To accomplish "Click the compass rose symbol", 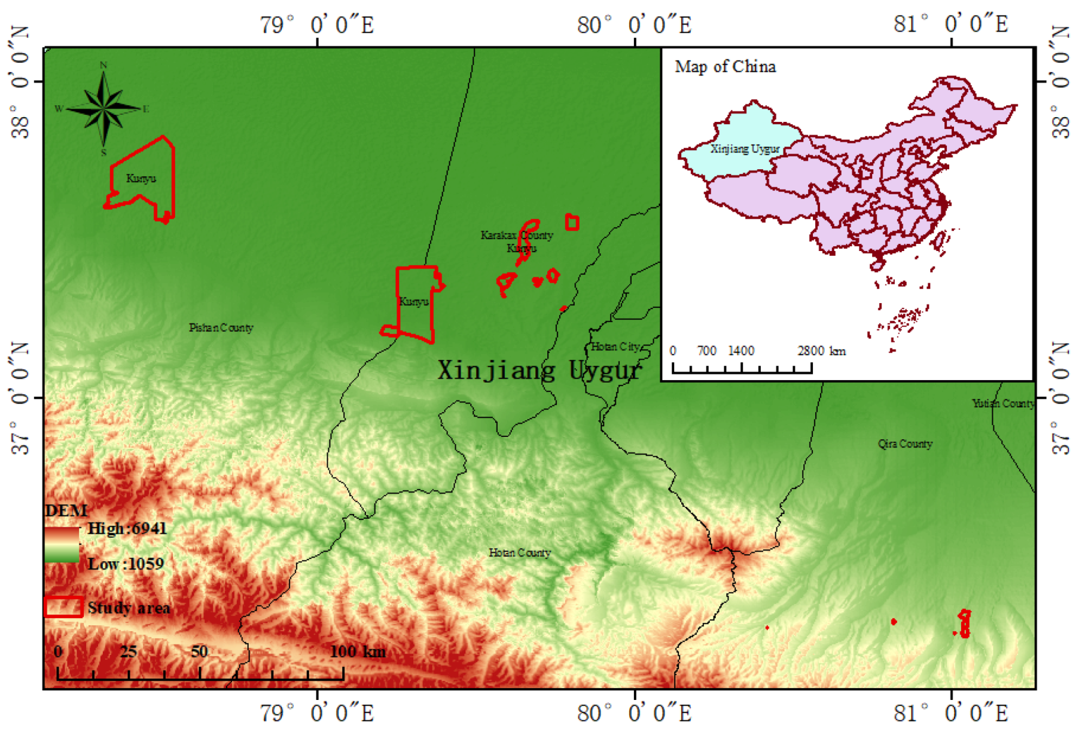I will [x=103, y=108].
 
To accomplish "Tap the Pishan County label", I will [x=221, y=328].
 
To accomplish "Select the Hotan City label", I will [x=615, y=347].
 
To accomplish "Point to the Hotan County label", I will [x=519, y=553].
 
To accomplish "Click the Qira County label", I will [x=904, y=444].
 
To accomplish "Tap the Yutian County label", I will [x=1003, y=403].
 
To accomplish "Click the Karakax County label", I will [x=517, y=235].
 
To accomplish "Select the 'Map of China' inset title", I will [x=725, y=66].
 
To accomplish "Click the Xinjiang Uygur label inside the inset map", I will [x=745, y=149].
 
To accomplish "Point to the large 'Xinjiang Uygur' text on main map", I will [x=539, y=371].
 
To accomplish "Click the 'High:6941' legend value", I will [x=127, y=528].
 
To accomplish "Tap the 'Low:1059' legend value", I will [x=126, y=564].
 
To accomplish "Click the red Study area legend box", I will [x=63, y=607].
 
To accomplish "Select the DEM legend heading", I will [x=66, y=510].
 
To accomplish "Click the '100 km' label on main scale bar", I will [x=358, y=651].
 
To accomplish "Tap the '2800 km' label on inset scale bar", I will [x=821, y=351].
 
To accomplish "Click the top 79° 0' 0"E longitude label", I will [x=316, y=25].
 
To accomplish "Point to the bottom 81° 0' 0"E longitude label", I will [x=950, y=712].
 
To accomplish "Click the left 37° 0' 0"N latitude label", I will [x=20, y=397].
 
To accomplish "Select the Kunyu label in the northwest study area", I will [x=141, y=178].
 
